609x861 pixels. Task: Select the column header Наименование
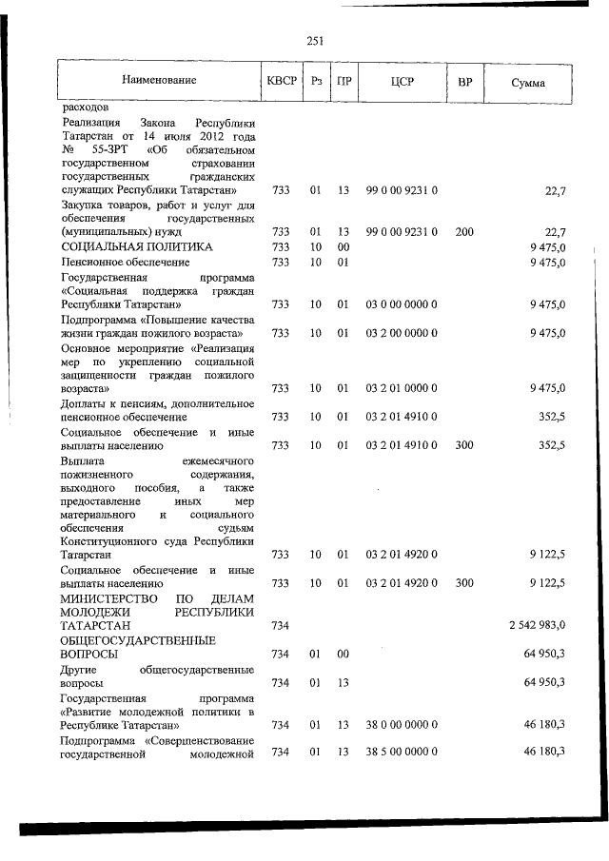(x=158, y=82)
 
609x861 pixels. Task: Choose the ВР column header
(x=464, y=82)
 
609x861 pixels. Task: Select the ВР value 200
(x=463, y=231)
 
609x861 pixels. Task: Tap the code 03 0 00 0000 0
(x=401, y=304)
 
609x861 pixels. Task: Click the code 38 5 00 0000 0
(x=401, y=753)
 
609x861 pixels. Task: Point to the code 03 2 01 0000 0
(x=401, y=388)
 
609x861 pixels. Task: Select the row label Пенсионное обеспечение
(x=125, y=262)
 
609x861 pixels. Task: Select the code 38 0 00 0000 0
(x=401, y=724)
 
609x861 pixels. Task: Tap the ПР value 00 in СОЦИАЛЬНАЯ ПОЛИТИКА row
(x=344, y=246)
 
